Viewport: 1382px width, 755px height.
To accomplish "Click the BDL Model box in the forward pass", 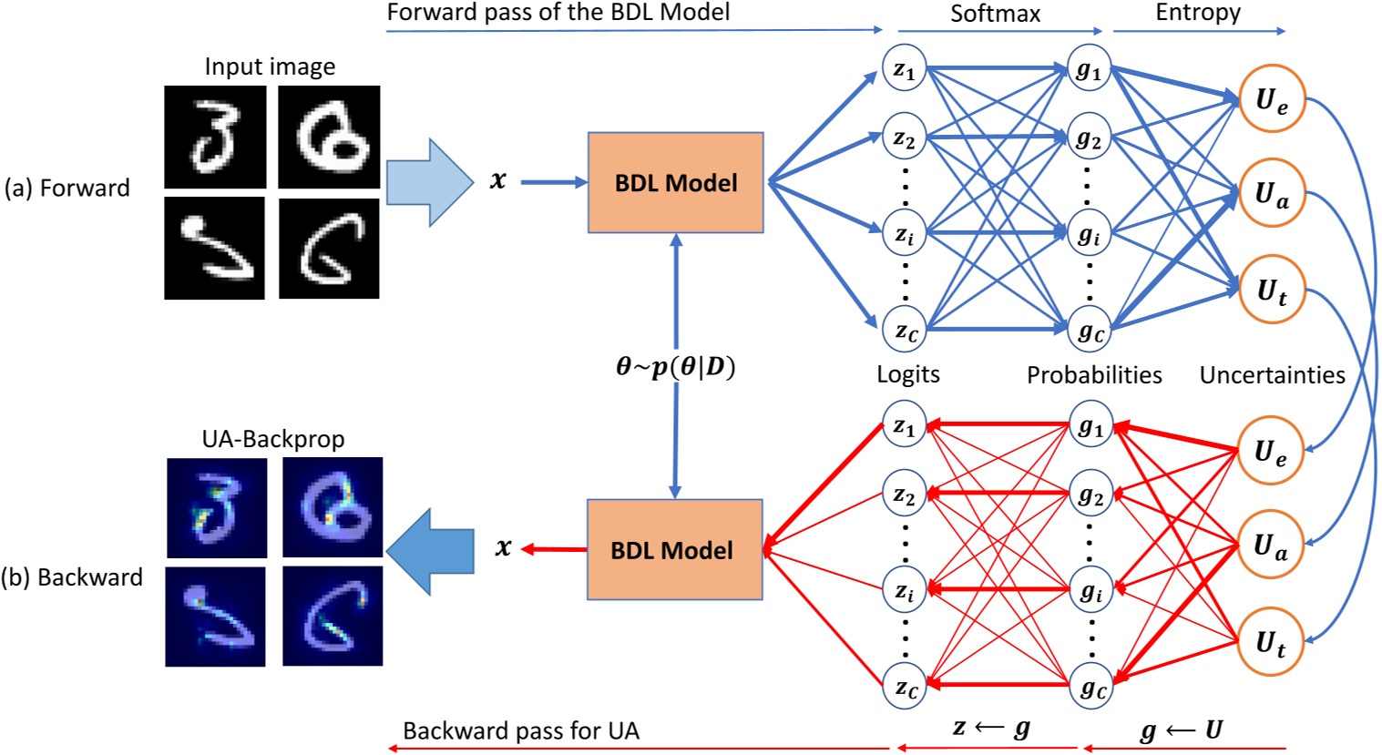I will (675, 182).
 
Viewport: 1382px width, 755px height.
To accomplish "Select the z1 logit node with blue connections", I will (904, 69).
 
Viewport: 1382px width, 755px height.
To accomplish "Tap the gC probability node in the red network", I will (1090, 688).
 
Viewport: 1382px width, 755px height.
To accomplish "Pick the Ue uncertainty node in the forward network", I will (1272, 99).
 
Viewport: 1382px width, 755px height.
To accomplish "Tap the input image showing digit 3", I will (215, 137).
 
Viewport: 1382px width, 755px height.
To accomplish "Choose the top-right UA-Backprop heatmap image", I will (332, 507).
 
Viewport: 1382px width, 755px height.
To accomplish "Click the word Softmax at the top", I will (995, 14).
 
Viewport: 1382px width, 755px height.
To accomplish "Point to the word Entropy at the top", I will (1198, 13).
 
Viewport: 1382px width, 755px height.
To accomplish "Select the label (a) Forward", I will (67, 188).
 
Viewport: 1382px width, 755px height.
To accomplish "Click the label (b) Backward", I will (72, 577).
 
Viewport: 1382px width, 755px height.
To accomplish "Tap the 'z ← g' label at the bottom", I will (991, 729).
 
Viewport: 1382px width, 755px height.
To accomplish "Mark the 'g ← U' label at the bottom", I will (1182, 729).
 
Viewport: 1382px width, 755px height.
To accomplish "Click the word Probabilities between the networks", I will (1094, 375).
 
